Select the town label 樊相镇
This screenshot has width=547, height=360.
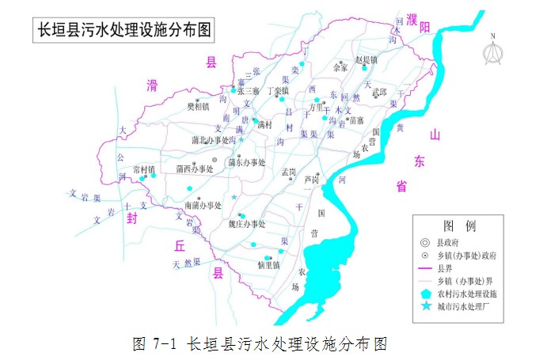[197, 105]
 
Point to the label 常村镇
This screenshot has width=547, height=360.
[145, 169]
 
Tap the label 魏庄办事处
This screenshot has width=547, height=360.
[247, 224]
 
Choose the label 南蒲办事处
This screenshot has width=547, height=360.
[203, 205]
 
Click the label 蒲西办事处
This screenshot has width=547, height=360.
[195, 169]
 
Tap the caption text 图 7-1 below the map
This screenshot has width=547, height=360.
[155, 343]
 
